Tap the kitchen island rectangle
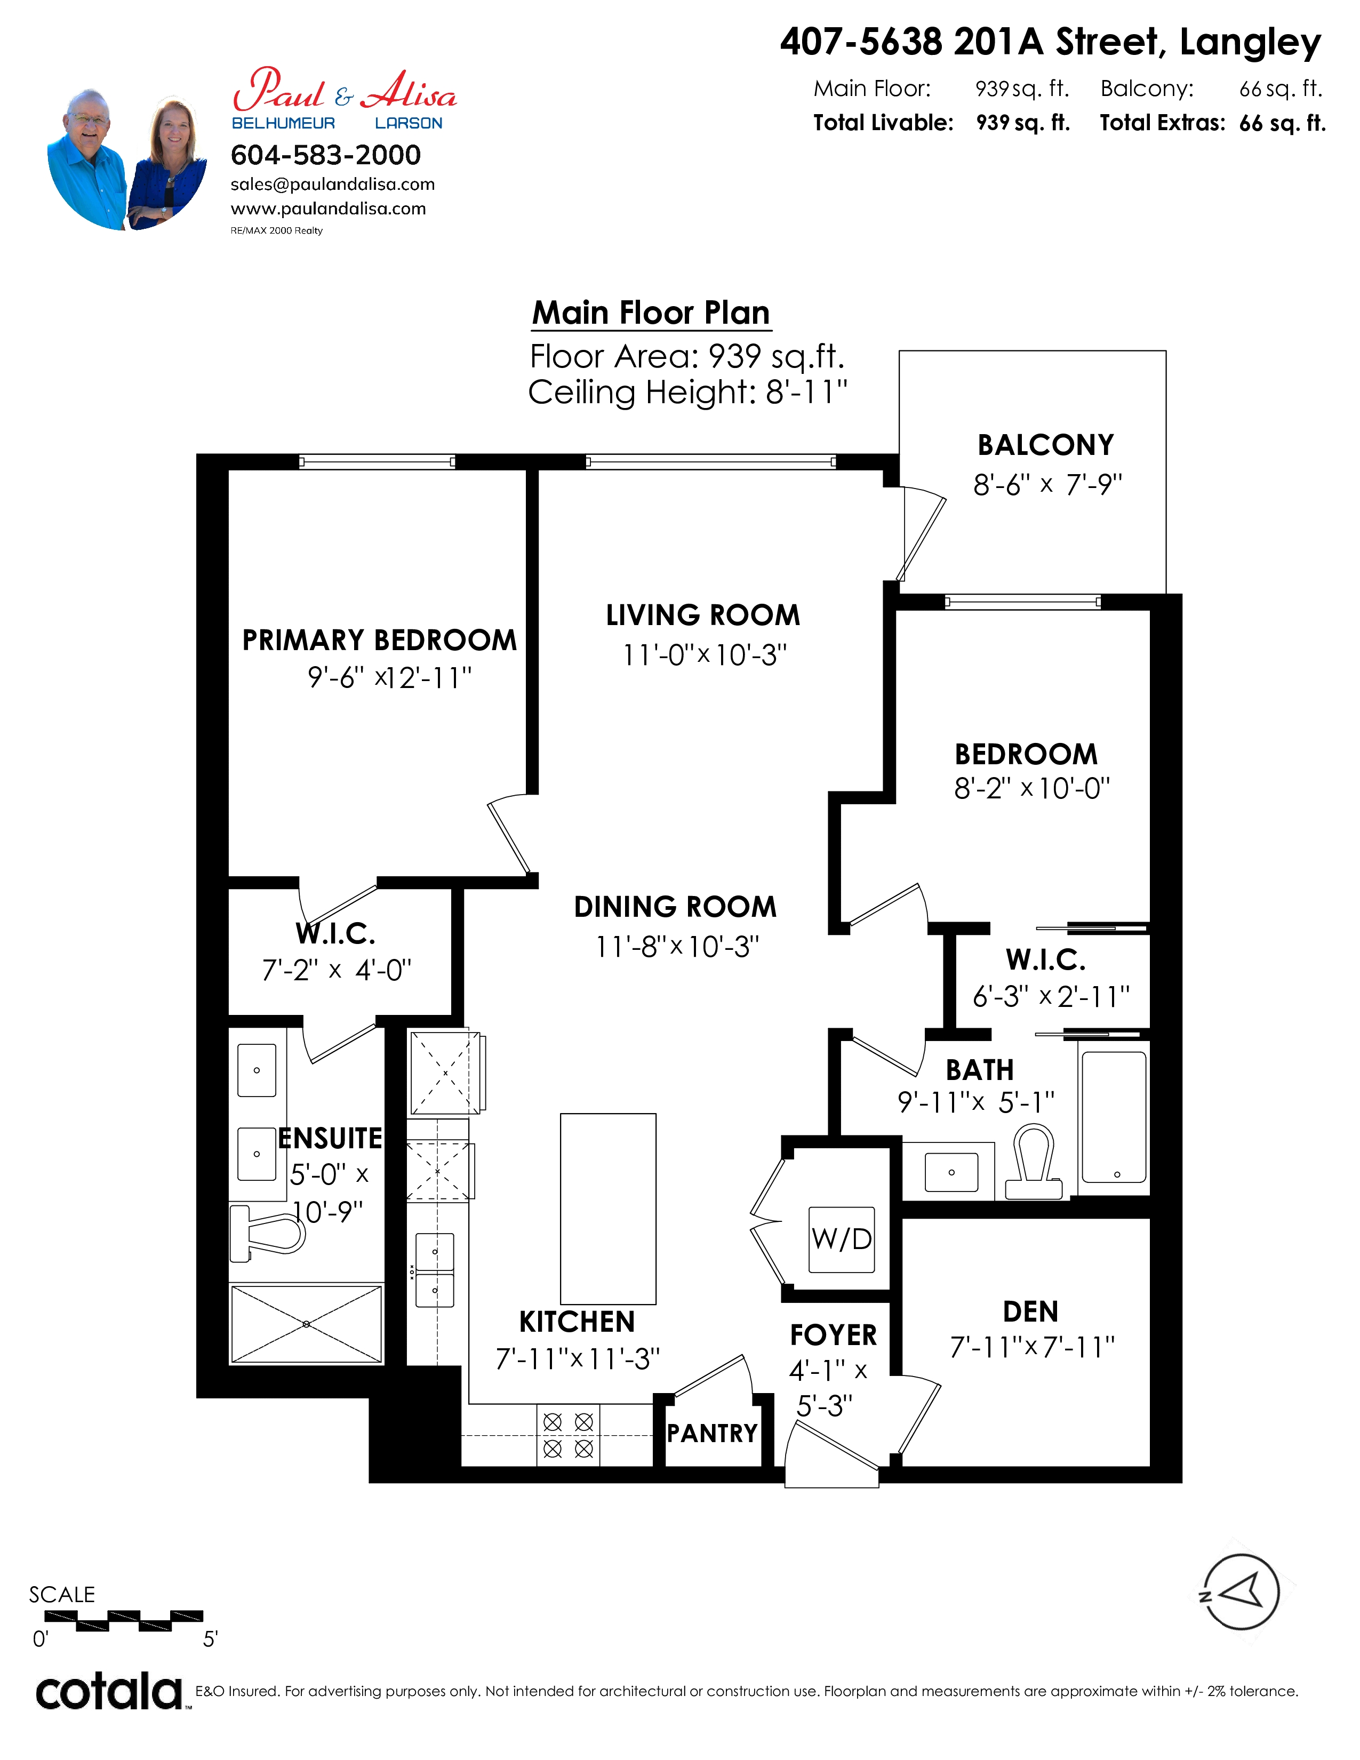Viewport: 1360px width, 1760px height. point(609,1209)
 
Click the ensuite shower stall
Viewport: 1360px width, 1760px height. point(306,1324)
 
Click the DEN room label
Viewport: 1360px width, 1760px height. point(1030,1312)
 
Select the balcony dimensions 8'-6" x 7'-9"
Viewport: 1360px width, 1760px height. point(1047,484)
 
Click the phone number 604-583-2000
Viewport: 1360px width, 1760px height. point(325,155)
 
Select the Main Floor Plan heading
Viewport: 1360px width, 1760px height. point(651,313)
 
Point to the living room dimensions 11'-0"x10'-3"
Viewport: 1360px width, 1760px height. point(704,655)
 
